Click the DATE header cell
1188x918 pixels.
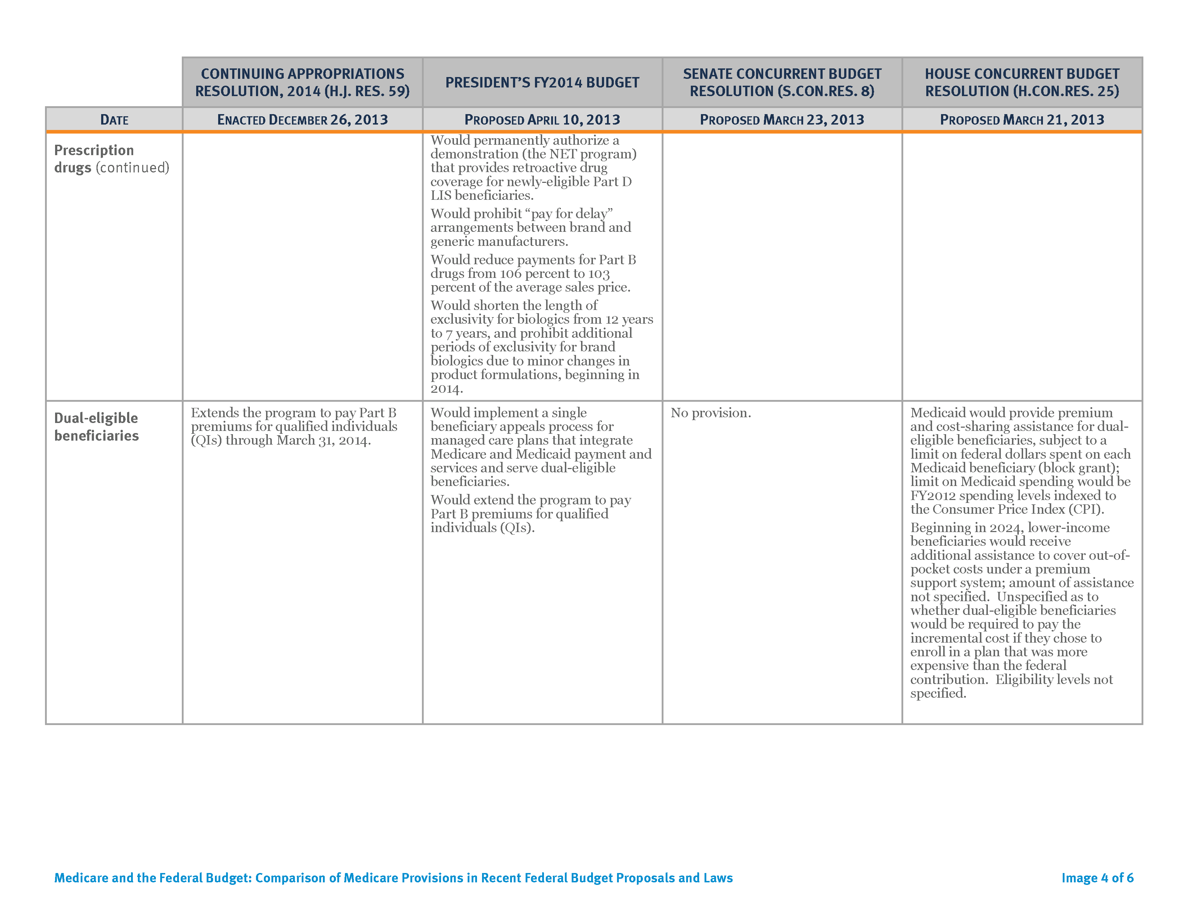[x=114, y=120]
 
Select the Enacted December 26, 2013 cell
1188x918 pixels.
[x=302, y=120]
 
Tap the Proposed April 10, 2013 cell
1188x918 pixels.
[x=542, y=120]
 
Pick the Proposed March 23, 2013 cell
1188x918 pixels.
[x=782, y=120]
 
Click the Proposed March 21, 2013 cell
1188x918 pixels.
[x=1022, y=120]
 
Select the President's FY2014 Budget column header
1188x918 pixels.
[x=542, y=83]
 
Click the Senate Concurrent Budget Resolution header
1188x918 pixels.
[x=782, y=83]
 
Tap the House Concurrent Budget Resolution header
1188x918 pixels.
[x=1022, y=83]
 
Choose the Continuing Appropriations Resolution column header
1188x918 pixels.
[x=302, y=83]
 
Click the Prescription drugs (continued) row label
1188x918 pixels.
[x=112, y=159]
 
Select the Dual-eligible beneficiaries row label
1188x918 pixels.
[x=96, y=427]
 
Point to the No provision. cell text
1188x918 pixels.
[x=710, y=413]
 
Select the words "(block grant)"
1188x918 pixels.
[x=1082, y=468]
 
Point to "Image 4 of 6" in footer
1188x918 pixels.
[x=1097, y=878]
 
